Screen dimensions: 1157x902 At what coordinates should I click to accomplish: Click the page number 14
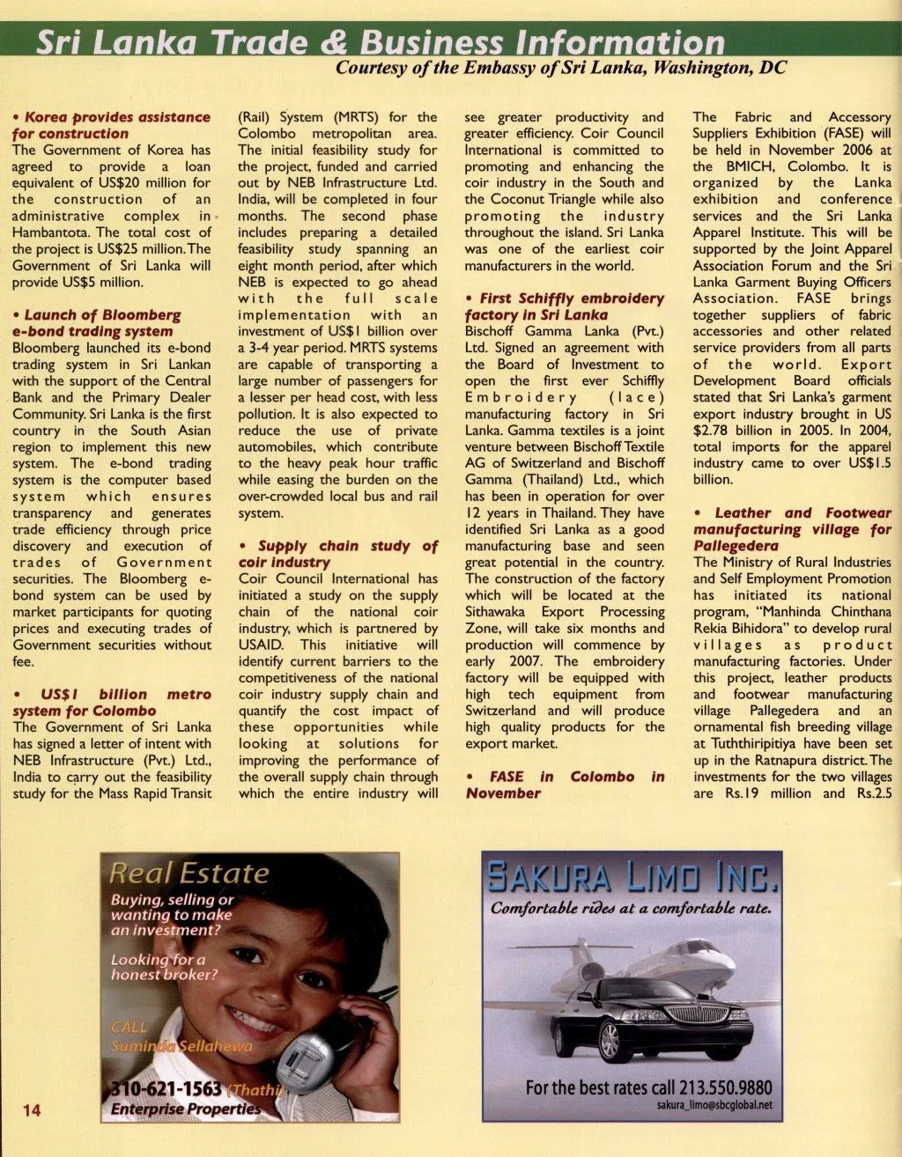point(31,1109)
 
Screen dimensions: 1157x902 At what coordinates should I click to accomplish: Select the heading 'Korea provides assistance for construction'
point(111,125)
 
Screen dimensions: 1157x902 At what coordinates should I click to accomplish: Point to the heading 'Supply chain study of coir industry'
point(337,554)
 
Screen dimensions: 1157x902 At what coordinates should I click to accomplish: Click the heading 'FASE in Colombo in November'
point(565,785)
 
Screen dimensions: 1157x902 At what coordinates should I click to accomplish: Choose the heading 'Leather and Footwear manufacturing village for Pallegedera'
point(792,528)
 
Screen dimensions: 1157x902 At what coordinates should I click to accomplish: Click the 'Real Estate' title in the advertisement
point(189,873)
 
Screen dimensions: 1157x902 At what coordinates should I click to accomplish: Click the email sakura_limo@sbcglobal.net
point(713,1105)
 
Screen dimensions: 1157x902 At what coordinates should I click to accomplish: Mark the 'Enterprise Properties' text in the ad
point(185,1109)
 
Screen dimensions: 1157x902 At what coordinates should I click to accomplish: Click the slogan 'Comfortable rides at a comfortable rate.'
point(631,908)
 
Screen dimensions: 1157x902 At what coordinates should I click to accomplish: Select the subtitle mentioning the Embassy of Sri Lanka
point(561,68)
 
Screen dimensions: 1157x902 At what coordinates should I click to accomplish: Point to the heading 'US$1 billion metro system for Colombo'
point(111,703)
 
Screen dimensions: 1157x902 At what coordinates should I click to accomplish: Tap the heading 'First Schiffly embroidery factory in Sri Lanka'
point(564,306)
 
